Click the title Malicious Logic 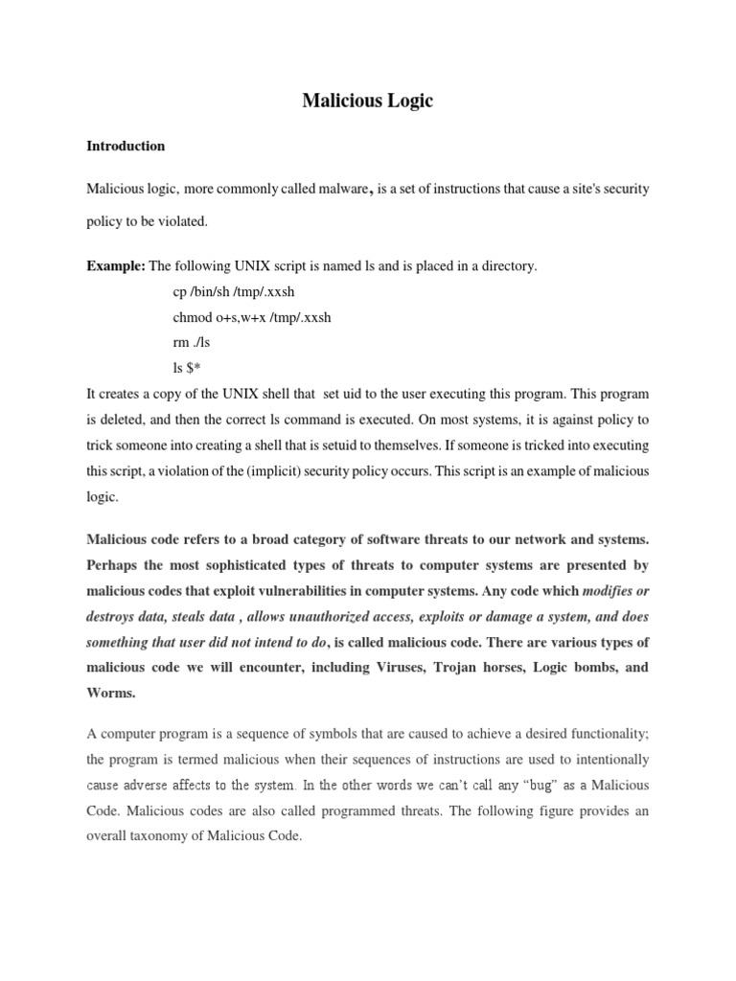[368, 101]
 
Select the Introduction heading [126, 147]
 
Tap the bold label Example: [116, 267]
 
